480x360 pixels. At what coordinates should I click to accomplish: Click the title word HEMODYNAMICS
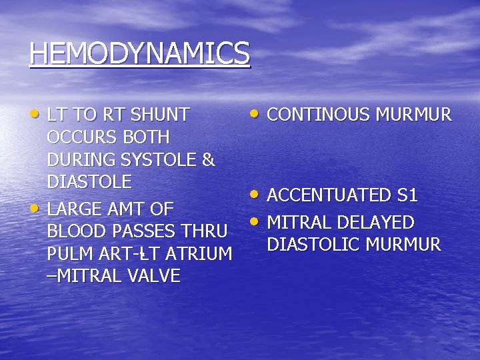tap(139, 53)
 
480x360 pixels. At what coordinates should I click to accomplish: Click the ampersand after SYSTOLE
tap(208, 160)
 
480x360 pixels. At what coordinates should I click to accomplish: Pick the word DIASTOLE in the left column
tap(89, 182)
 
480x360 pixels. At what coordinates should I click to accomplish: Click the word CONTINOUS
tap(318, 115)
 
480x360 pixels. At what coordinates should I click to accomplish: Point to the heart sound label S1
tap(407, 195)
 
